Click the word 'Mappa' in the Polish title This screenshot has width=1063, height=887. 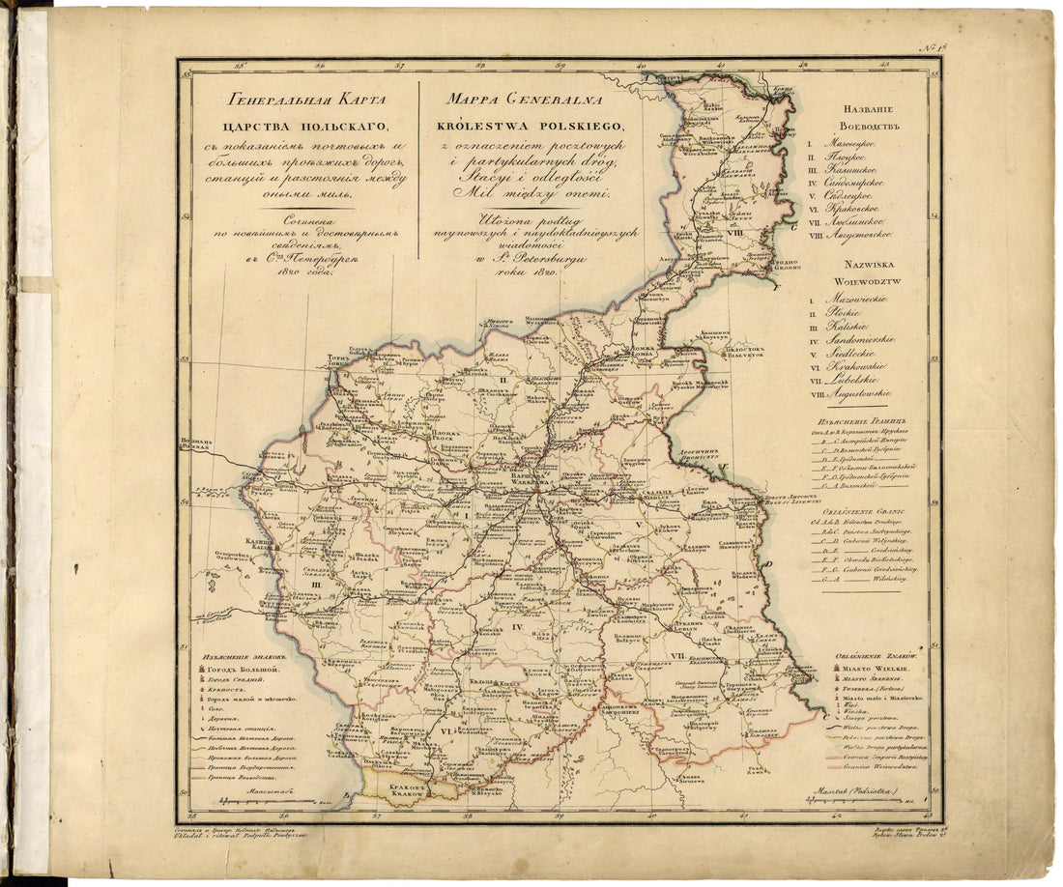pyautogui.click(x=470, y=100)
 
